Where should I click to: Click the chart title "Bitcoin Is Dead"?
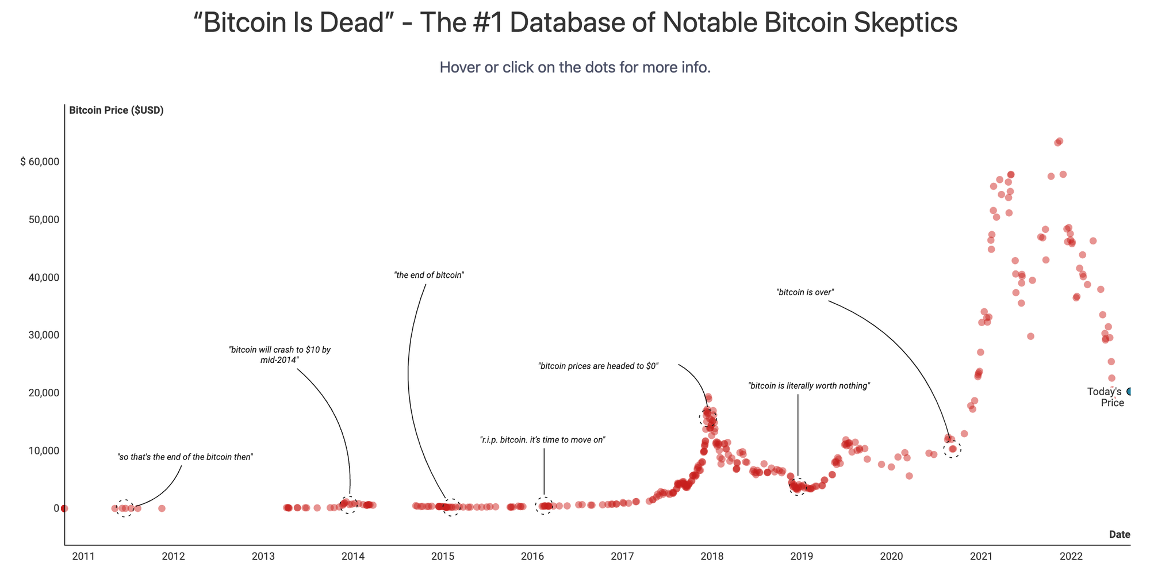[575, 23]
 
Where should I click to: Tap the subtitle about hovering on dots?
[575, 67]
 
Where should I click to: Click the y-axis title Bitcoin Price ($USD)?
[116, 110]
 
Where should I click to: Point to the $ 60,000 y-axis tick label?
[40, 162]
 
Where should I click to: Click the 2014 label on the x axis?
[352, 556]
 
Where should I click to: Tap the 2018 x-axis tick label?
[712, 556]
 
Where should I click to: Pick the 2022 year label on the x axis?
[1071, 556]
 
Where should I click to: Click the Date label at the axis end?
[1119, 534]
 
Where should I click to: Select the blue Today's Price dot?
[1129, 392]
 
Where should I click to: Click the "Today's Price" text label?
[1105, 397]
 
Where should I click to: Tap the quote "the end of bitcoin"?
[429, 275]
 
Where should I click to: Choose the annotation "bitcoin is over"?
[805, 292]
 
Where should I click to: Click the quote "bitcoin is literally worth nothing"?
[809, 386]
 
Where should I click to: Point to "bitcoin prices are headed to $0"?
[598, 366]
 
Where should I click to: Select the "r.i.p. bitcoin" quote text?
[543, 440]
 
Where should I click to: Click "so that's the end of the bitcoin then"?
[185, 457]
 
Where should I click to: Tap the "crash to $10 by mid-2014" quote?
[279, 354]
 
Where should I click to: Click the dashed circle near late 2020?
[952, 449]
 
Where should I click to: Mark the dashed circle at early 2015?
[451, 507]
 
